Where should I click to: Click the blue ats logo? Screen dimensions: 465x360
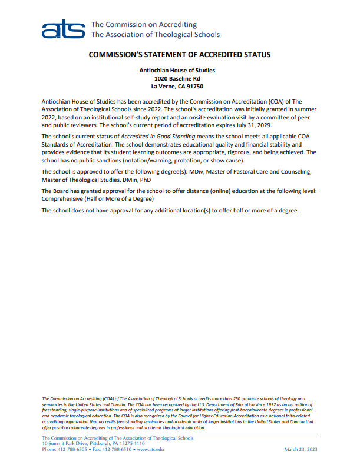64,29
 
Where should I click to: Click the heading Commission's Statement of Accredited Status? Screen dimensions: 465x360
179,55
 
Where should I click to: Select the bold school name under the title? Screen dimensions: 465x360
177,71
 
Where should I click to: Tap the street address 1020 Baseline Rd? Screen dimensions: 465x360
177,78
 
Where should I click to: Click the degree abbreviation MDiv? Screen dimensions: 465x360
204,172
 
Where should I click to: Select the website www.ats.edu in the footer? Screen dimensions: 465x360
150,449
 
